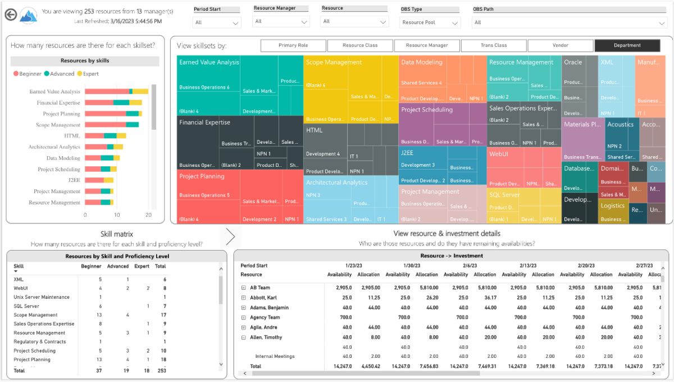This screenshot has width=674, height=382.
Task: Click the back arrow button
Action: (10, 15)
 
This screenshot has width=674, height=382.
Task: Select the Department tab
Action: (627, 46)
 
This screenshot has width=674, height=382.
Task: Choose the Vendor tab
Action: (560, 46)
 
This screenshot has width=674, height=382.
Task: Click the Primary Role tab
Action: (293, 46)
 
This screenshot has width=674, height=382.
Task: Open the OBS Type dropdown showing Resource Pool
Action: (430, 22)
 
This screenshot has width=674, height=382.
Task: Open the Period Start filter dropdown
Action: (217, 22)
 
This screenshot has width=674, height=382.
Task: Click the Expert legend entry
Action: (88, 74)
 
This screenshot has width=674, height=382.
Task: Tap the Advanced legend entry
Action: (59, 74)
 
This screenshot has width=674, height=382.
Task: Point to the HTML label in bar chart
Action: (72, 136)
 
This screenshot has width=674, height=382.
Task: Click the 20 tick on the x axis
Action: (148, 215)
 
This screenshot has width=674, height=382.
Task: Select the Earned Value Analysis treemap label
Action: (209, 62)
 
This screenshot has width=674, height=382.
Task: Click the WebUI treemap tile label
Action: (499, 153)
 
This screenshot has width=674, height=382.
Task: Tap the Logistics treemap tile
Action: (612, 206)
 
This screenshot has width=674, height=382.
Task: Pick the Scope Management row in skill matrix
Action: (35, 315)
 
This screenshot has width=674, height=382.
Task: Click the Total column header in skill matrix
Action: (160, 266)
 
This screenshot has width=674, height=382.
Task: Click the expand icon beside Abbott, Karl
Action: (244, 298)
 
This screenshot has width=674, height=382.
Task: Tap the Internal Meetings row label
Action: (275, 356)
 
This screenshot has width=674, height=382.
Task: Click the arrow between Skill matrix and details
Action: (230, 237)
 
